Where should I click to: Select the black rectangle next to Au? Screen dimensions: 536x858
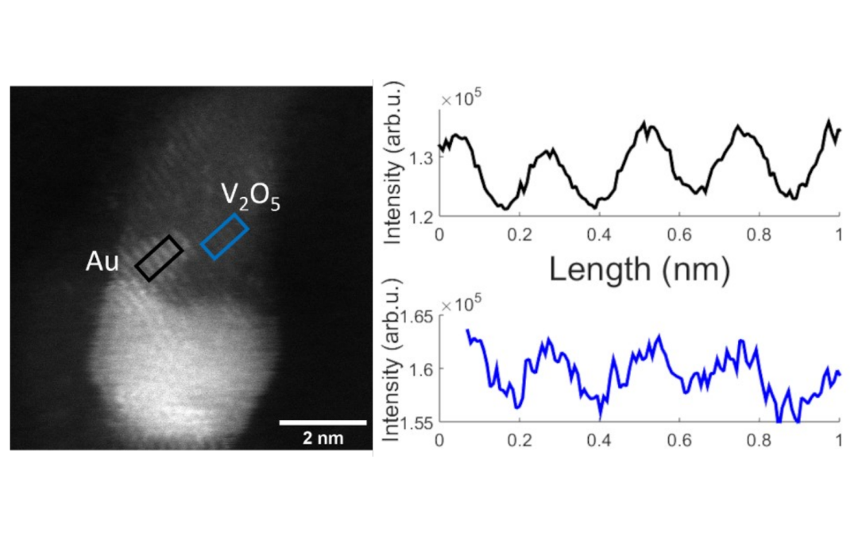[x=159, y=258]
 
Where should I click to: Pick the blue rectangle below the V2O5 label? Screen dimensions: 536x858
[x=224, y=236]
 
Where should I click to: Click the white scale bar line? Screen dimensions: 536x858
[x=323, y=422]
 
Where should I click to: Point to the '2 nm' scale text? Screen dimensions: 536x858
[x=323, y=438]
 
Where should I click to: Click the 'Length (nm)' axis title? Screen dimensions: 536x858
[x=639, y=270]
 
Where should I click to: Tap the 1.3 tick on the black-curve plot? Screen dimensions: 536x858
[x=421, y=157]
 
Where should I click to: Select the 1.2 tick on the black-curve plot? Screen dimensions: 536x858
[x=421, y=215]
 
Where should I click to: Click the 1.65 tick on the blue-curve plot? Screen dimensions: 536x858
[x=416, y=316]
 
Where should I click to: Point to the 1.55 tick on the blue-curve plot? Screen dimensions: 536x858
[x=416, y=421]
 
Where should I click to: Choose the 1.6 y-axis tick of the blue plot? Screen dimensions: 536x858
[x=421, y=368]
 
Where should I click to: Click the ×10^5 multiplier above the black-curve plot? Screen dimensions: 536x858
[x=462, y=99]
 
